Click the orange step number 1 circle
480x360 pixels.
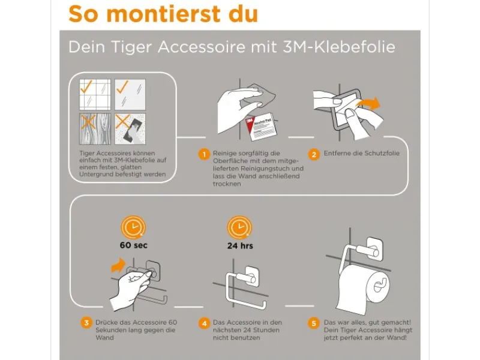coord(204,154)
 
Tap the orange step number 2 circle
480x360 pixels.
coord(314,154)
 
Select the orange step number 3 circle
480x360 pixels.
coord(86,323)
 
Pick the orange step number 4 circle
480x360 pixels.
coord(204,323)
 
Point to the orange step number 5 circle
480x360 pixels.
coord(314,323)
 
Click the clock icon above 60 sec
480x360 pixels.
coord(133,227)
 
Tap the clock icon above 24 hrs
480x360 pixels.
coord(239,227)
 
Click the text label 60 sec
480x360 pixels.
coord(133,245)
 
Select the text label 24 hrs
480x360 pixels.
coord(240,245)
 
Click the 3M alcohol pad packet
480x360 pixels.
coord(261,127)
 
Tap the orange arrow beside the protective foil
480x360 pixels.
coord(368,103)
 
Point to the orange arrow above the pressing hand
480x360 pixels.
coord(118,265)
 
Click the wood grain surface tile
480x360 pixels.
coord(95,129)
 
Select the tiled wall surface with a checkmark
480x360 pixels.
coord(95,94)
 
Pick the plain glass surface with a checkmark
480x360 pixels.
coord(130,94)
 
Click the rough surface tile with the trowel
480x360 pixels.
coord(130,129)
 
